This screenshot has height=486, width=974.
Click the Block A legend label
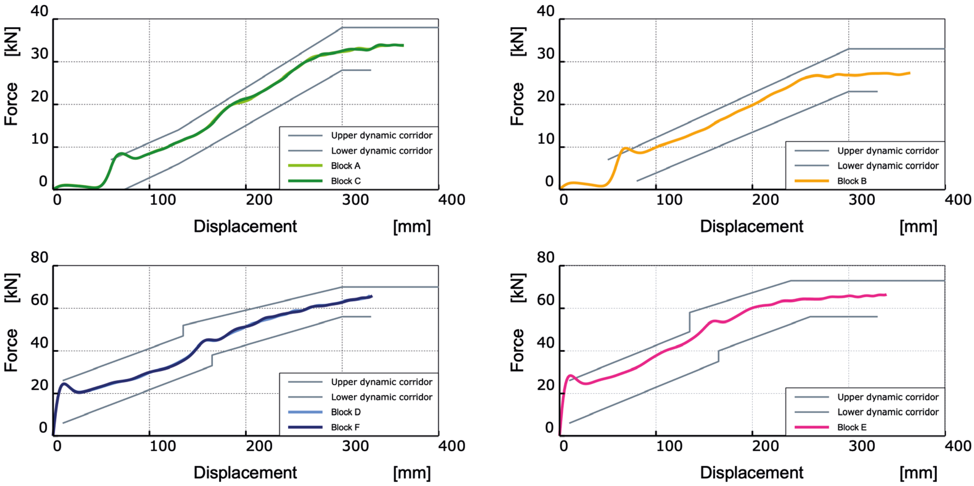pos(346,166)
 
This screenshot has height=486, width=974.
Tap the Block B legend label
pos(852,181)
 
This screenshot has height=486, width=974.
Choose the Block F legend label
pos(345,427)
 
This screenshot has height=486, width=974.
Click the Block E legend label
pos(852,427)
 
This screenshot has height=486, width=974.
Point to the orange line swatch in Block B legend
pos(811,181)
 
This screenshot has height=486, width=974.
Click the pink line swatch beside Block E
pos(811,427)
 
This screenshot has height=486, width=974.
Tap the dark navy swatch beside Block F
pos(305,427)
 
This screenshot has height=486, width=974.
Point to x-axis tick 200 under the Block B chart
pos(765,200)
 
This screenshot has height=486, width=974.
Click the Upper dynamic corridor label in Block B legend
pos(888,150)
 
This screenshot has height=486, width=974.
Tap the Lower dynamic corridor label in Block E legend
pos(888,412)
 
